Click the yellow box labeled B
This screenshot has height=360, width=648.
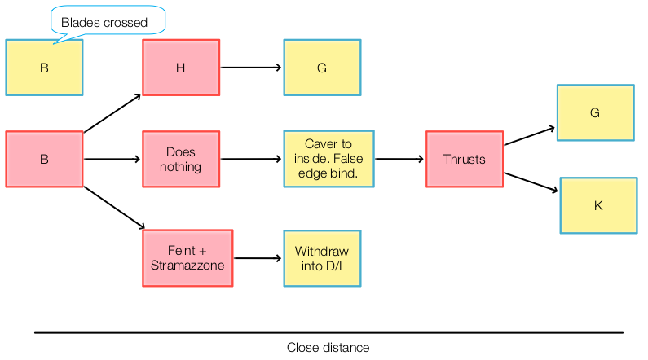tap(44, 68)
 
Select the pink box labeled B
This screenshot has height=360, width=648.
tap(44, 160)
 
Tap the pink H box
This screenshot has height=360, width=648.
tap(180, 68)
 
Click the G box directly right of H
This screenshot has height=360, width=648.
tap(321, 68)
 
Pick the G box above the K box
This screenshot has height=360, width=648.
tap(594, 113)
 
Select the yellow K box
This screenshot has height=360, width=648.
tap(597, 205)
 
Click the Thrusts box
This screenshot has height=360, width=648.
tap(464, 160)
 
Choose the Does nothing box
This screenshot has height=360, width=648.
tap(181, 160)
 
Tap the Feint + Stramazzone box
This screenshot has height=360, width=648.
tap(187, 258)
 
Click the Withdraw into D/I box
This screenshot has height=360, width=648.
tap(321, 258)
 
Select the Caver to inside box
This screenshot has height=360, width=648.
tap(328, 160)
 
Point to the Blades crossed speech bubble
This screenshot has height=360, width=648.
tap(107, 22)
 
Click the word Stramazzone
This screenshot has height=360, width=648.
tap(187, 266)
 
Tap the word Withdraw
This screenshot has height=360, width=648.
tap(321, 252)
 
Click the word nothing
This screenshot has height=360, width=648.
tap(181, 167)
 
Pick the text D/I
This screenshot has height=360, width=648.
tap(333, 266)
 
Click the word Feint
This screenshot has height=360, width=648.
tap(182, 252)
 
